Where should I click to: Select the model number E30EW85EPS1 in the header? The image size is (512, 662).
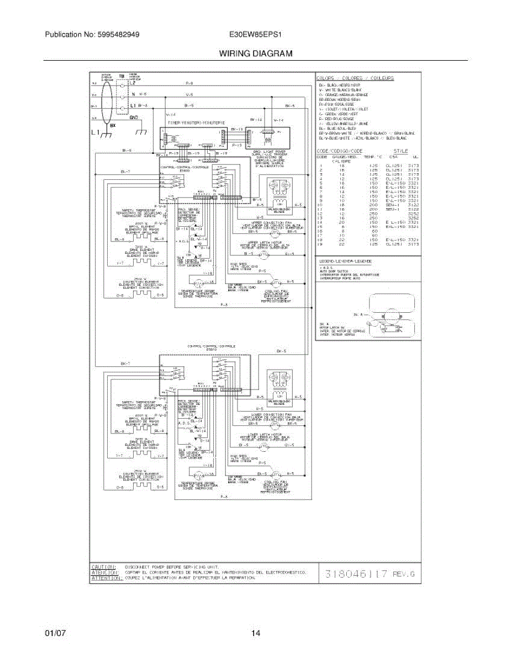pyautogui.click(x=256, y=34)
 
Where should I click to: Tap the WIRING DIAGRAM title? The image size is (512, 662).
pyautogui.click(x=256, y=54)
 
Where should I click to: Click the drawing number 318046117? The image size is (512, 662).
pyautogui.click(x=356, y=574)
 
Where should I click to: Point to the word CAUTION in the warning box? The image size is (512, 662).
pyautogui.click(x=103, y=567)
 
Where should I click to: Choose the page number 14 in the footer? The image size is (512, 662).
pyautogui.click(x=256, y=633)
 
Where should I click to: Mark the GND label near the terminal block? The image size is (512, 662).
pyautogui.click(x=134, y=118)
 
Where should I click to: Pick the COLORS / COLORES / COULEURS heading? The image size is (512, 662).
pyautogui.click(x=356, y=78)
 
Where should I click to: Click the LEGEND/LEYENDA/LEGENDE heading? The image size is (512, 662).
pyautogui.click(x=345, y=261)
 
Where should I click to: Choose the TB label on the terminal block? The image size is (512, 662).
pyautogui.click(x=122, y=75)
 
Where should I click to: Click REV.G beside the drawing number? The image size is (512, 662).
pyautogui.click(x=403, y=574)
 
